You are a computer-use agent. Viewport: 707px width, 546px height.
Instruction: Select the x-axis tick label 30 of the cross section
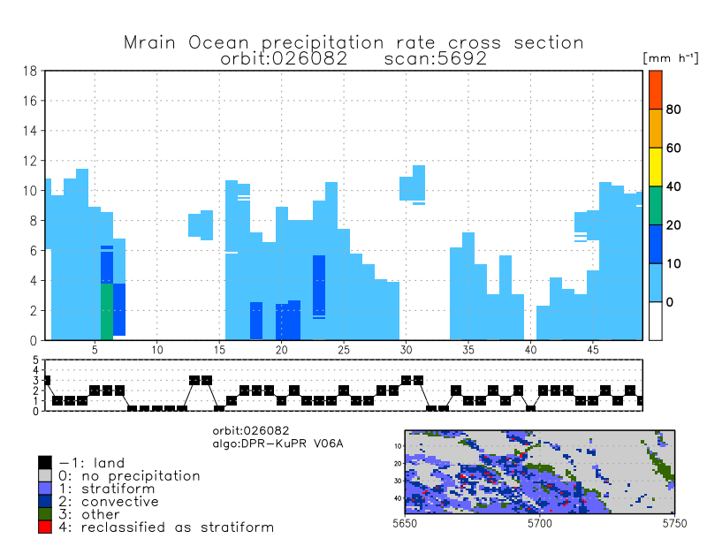click(406, 350)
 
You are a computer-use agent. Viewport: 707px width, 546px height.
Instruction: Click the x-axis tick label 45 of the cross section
click(593, 350)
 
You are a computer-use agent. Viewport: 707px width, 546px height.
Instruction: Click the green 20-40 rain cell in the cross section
click(106, 311)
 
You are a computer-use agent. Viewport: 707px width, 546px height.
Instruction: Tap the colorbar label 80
click(673, 110)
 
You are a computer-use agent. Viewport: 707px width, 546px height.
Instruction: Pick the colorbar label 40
click(673, 186)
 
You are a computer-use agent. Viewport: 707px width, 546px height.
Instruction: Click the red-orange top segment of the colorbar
click(656, 90)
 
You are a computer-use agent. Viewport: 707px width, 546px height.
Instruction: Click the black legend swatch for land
click(45, 462)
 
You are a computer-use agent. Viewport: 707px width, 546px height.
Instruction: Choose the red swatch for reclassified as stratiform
click(45, 527)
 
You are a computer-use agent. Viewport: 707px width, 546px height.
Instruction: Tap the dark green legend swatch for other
click(45, 514)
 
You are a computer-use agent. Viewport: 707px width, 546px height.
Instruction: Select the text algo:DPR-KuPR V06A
click(277, 444)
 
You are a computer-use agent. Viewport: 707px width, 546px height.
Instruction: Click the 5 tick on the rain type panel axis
click(36, 360)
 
